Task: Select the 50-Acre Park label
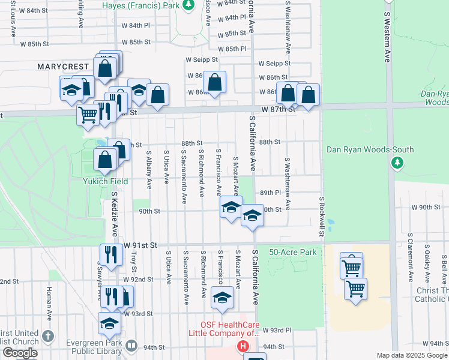(x=293, y=253)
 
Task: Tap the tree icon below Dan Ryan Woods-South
(x=396, y=163)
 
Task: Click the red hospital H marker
(x=243, y=346)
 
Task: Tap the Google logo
(x=20, y=353)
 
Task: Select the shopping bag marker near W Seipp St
(x=214, y=83)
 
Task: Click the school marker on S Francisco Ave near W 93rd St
(x=222, y=298)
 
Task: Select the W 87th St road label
(x=279, y=110)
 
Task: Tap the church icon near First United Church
(x=49, y=335)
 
